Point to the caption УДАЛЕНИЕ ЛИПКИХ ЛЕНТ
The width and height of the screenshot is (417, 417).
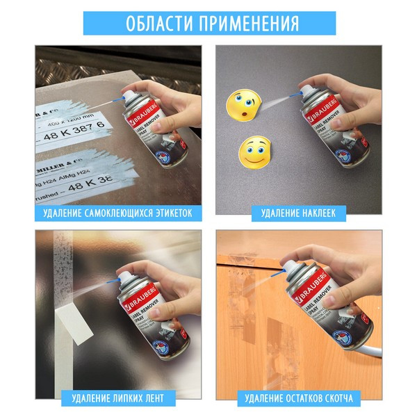click(117, 399)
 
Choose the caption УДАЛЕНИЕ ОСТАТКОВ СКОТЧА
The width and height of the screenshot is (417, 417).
click(298, 399)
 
